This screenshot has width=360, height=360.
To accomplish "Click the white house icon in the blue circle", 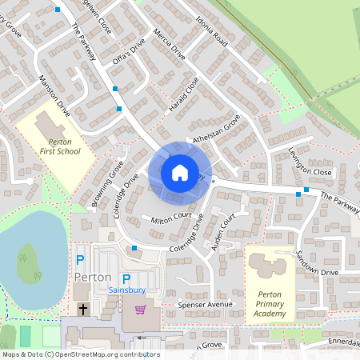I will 180,173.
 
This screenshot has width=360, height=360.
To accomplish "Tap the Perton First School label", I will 58,146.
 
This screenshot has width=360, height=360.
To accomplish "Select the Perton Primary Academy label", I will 270,303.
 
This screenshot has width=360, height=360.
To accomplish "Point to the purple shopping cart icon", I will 140,310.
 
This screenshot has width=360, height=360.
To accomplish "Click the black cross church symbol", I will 82,309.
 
